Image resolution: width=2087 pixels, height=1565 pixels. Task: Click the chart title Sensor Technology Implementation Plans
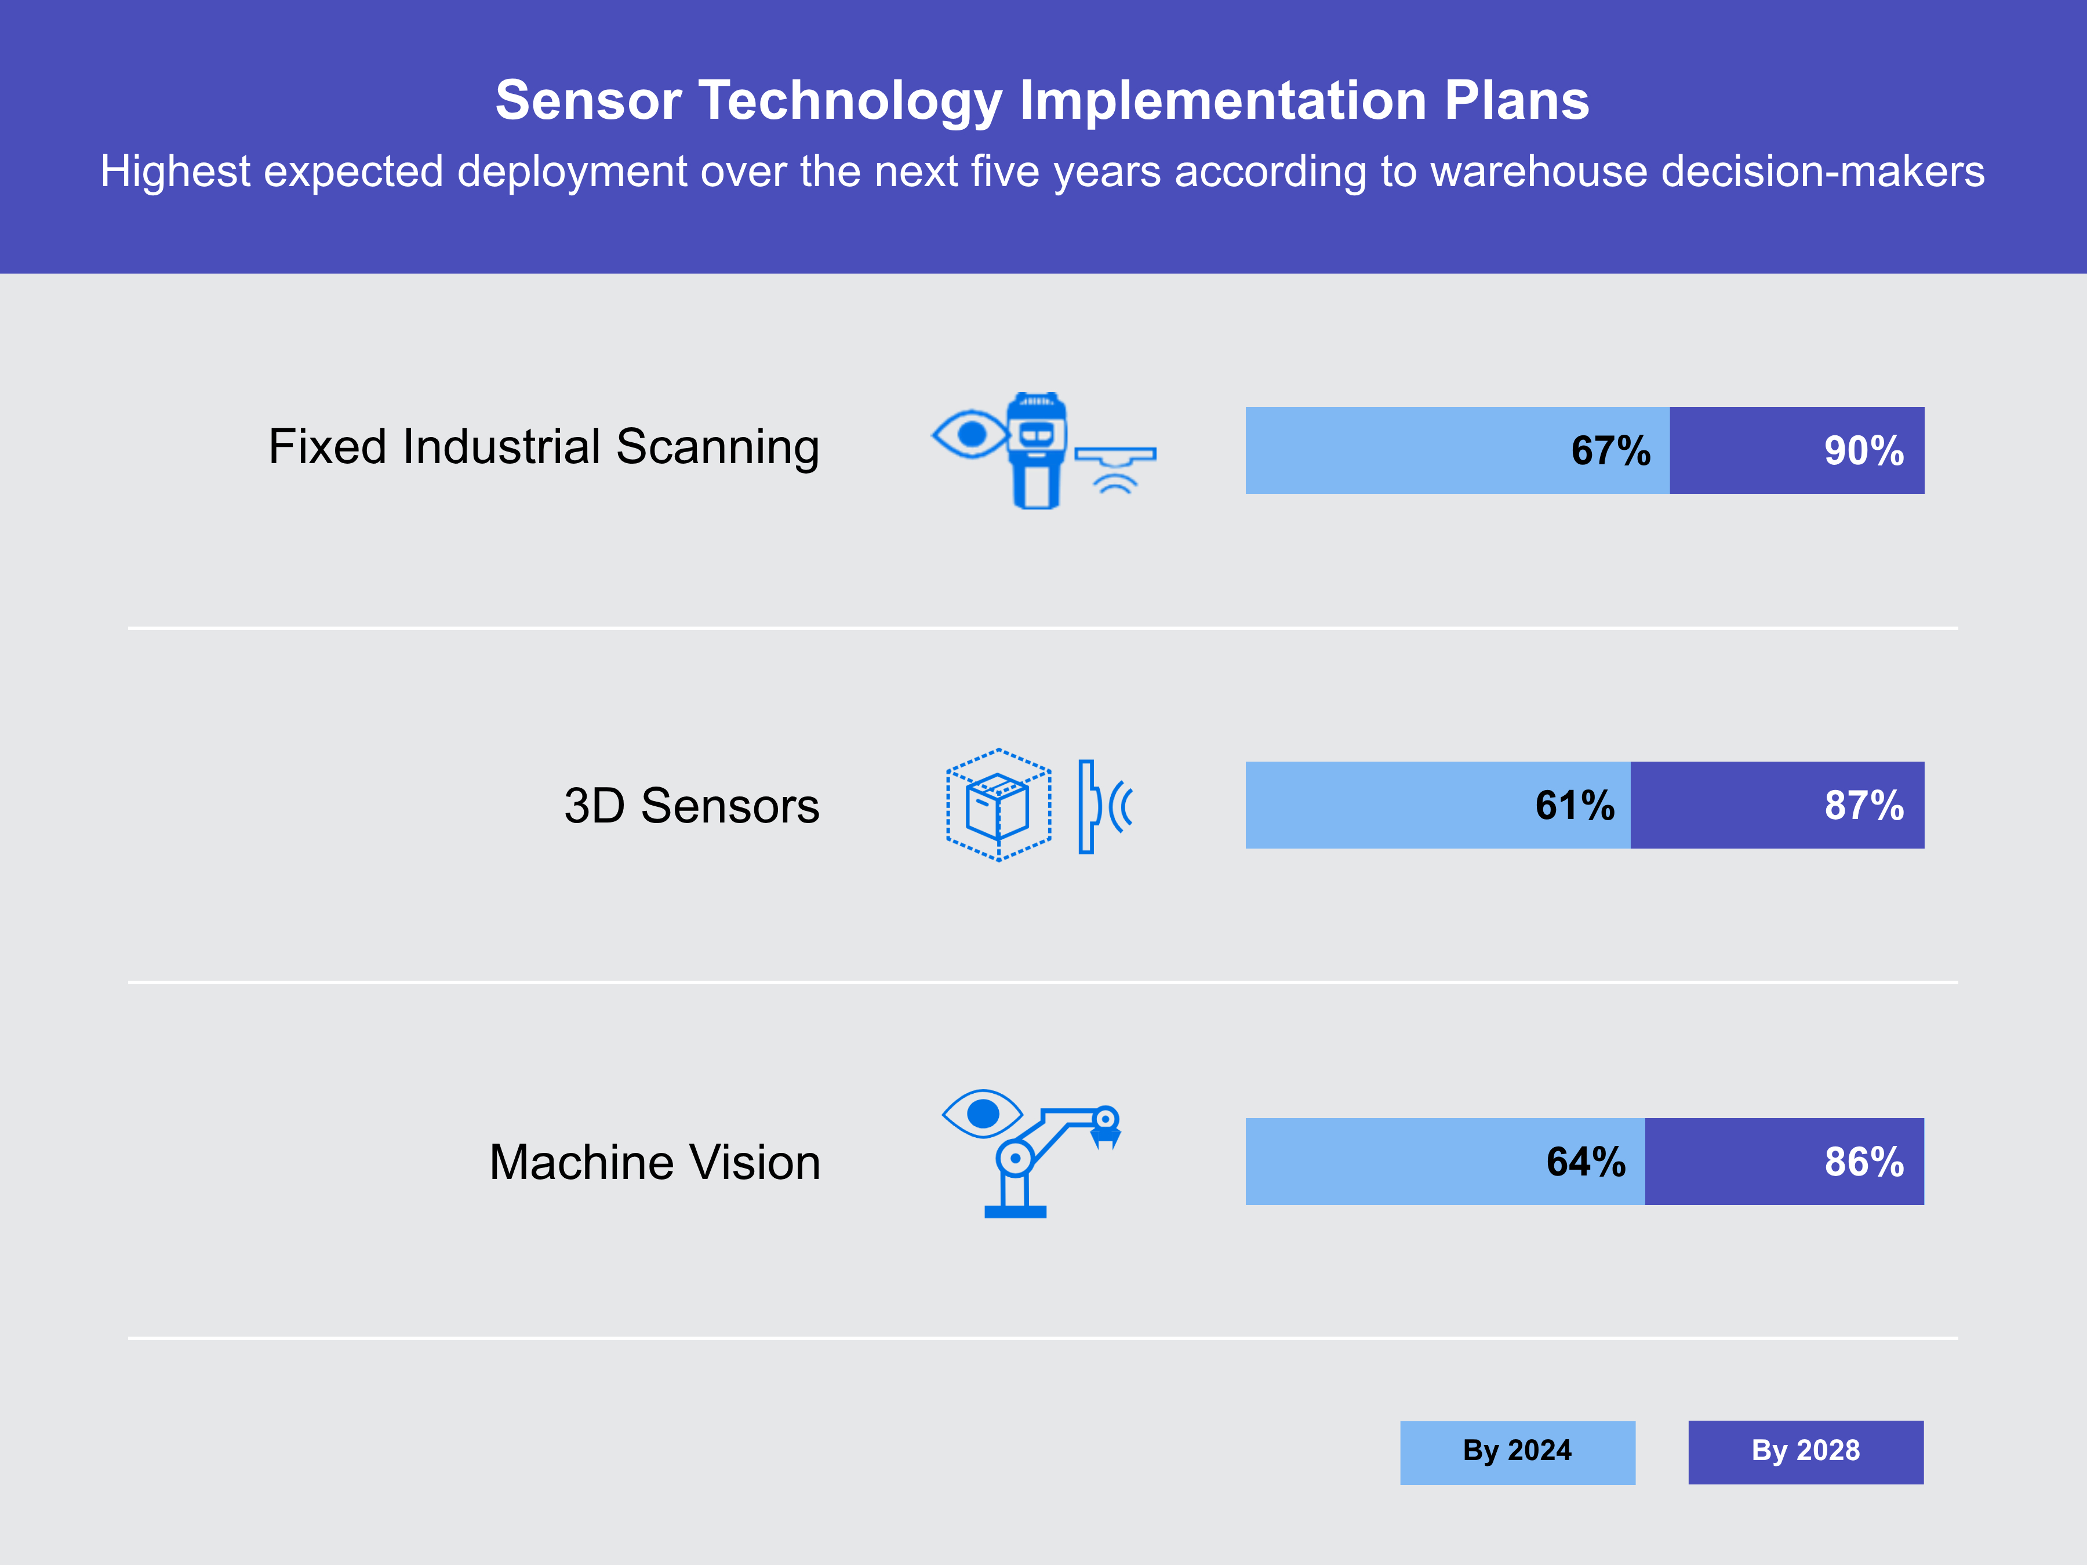[1042, 100]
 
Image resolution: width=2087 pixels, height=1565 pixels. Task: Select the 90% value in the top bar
[1863, 451]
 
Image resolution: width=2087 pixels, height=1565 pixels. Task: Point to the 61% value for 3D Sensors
[1574, 806]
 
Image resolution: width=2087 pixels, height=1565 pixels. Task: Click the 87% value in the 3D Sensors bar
[1863, 806]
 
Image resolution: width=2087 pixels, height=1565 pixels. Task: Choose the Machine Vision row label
[654, 1162]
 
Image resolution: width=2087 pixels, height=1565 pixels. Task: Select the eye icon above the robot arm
[982, 1114]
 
